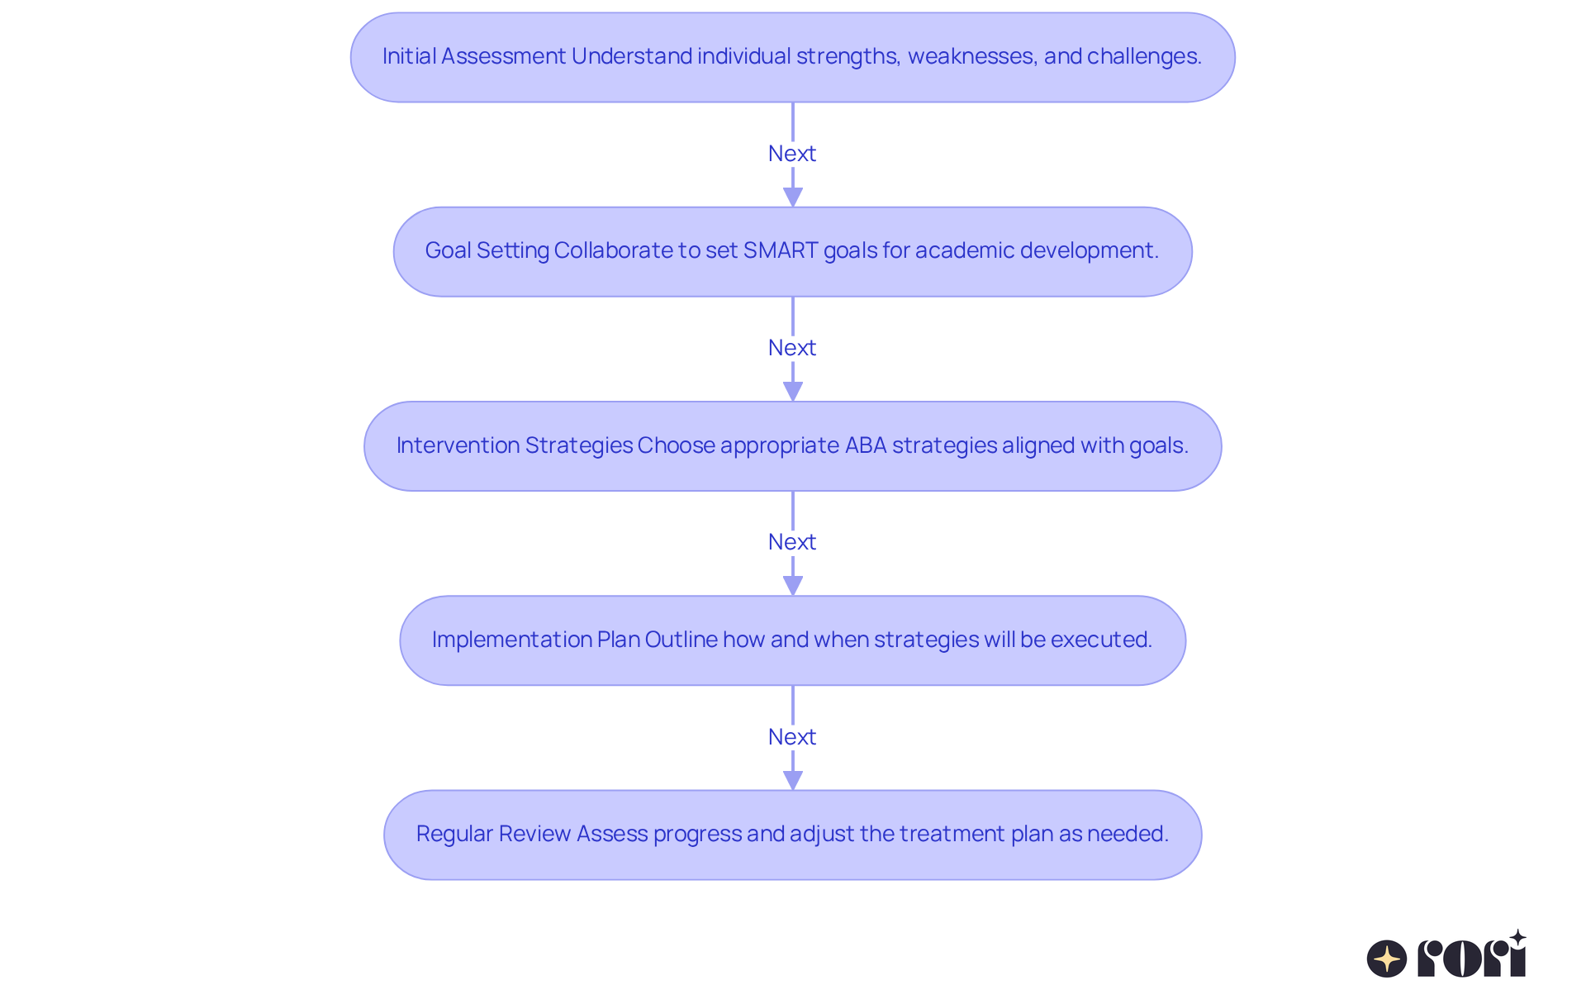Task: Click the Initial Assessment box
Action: click(x=791, y=57)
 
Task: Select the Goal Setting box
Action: click(x=791, y=251)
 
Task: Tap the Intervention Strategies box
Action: click(x=791, y=446)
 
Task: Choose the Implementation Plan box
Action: click(x=791, y=640)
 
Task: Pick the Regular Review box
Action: click(x=791, y=835)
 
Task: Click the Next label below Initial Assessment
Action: click(x=791, y=154)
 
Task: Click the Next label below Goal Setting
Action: click(x=791, y=348)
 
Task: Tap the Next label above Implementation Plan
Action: click(x=791, y=542)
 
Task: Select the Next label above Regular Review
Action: click(x=791, y=737)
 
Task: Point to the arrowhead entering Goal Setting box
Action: click(x=792, y=197)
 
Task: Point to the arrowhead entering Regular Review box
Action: click(x=792, y=780)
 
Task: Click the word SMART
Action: click(x=780, y=250)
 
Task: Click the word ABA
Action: click(x=865, y=445)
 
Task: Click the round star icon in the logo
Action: click(x=1386, y=959)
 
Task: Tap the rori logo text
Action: click(x=1471, y=957)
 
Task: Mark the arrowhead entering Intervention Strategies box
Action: click(x=792, y=392)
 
